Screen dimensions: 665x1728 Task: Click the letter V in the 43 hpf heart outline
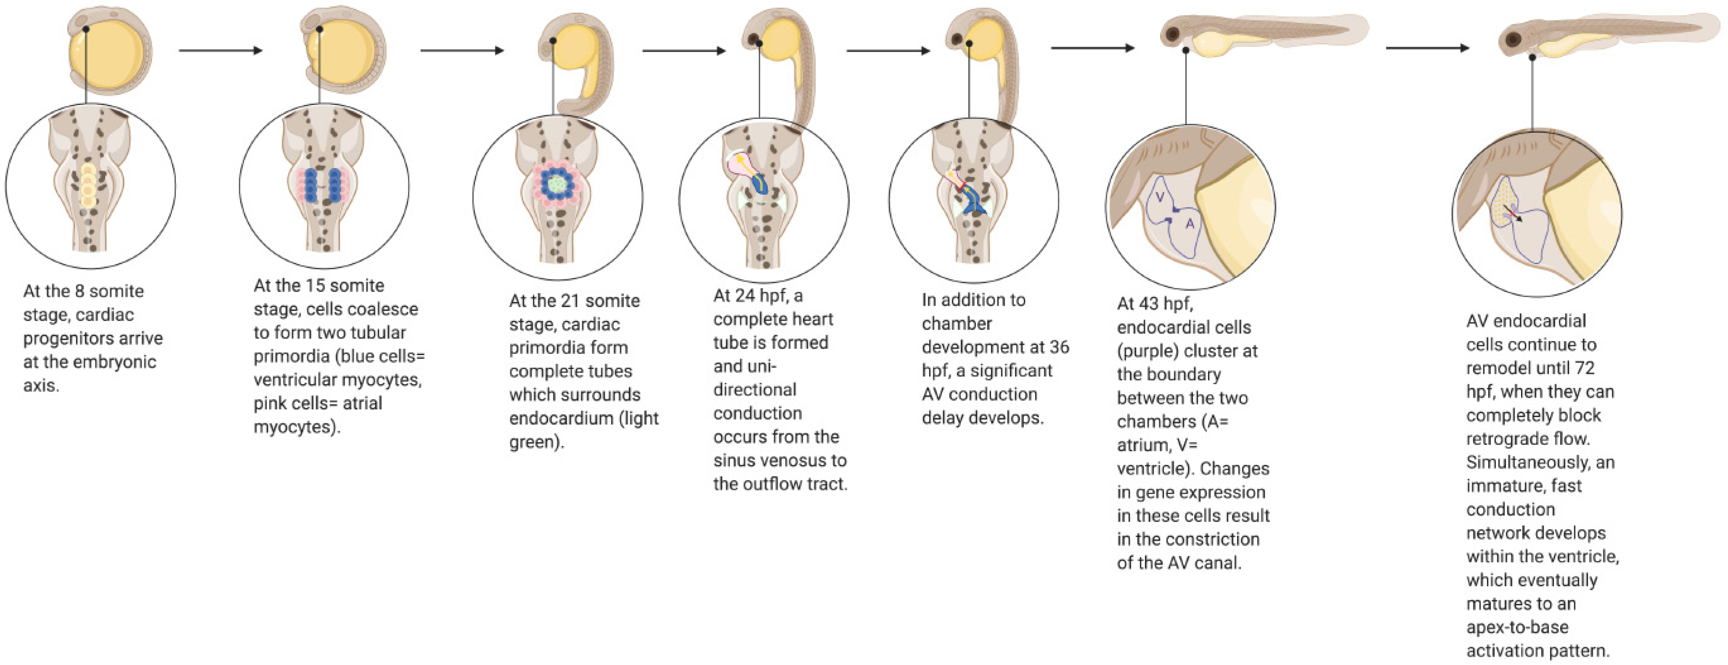[x=1160, y=197]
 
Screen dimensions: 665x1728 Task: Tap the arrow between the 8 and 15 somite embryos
[x=220, y=50]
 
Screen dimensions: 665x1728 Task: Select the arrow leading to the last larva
[x=1427, y=48]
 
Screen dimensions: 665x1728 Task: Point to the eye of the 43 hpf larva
[x=1172, y=34]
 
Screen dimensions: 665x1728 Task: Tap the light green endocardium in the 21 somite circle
[x=556, y=182]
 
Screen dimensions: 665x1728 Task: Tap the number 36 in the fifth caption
[x=1059, y=347]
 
